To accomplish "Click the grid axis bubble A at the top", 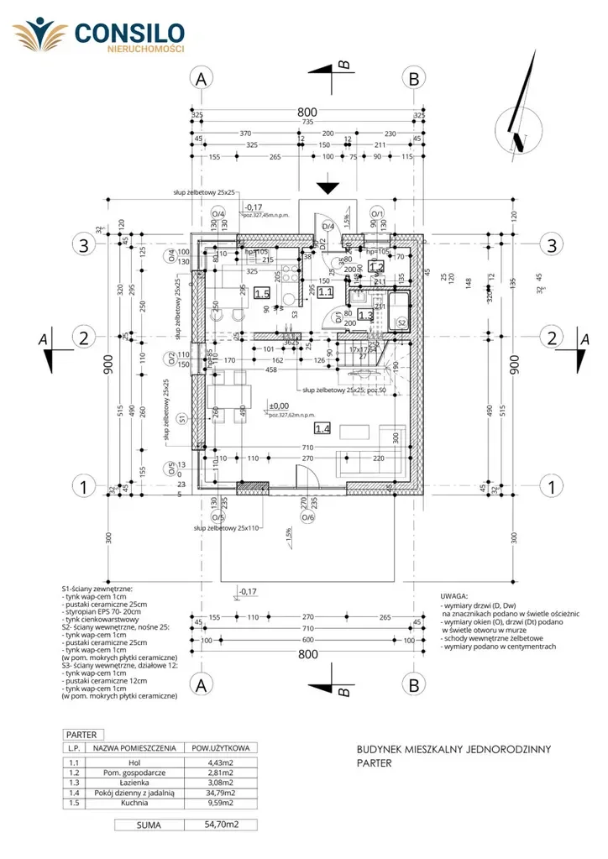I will click(x=200, y=78).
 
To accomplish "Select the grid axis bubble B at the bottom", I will click(x=414, y=684).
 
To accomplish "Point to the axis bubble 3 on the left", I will click(x=84, y=245).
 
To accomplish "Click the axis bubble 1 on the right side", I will click(x=552, y=485).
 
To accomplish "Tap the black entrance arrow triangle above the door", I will click(x=327, y=188).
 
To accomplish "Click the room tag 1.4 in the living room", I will click(x=322, y=427).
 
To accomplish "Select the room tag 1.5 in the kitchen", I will click(x=262, y=293).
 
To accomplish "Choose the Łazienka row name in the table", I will click(x=125, y=782).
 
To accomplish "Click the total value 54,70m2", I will click(x=222, y=825).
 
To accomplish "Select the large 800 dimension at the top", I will click(x=307, y=112).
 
